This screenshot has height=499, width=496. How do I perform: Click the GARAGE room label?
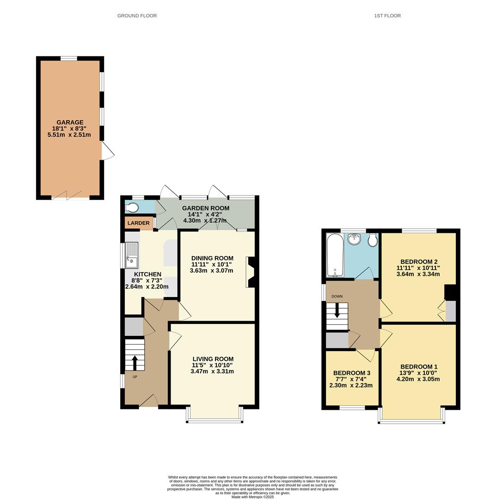[70, 122]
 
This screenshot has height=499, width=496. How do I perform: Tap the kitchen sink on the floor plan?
[131, 256]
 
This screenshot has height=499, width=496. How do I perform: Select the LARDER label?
[138, 223]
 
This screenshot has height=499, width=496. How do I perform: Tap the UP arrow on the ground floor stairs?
[135, 362]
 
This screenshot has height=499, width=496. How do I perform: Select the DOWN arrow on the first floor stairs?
[337, 310]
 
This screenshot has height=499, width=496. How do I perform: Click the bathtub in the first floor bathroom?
[334, 255]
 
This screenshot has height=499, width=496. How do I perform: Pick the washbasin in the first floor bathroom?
[355, 239]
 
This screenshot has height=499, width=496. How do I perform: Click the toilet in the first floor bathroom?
[373, 241]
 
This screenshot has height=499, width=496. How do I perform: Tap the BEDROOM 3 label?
[352, 373]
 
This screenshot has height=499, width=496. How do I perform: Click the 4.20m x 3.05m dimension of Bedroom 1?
[418, 379]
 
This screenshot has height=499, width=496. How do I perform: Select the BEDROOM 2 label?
[419, 261]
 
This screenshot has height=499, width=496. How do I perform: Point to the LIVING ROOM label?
[213, 359]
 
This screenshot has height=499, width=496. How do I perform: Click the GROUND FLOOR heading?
[137, 16]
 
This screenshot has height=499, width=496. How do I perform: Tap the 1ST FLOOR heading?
[387, 16]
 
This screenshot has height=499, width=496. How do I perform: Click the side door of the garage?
[107, 152]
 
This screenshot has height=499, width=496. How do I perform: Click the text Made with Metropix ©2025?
[252, 497]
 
